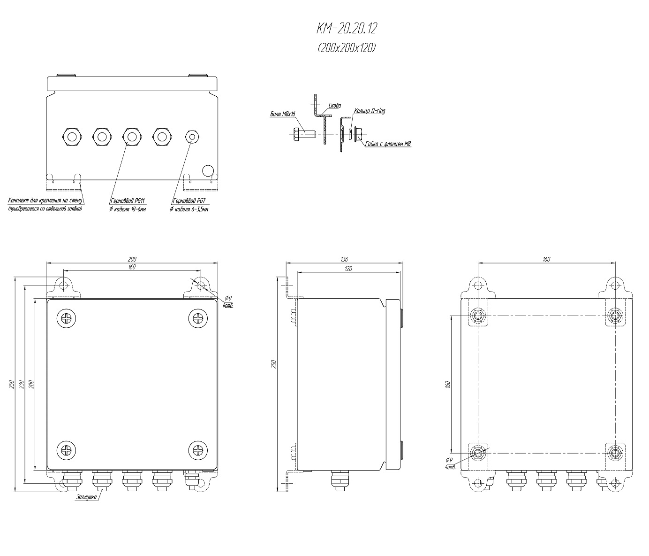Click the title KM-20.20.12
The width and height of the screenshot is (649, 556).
pyautogui.click(x=347, y=29)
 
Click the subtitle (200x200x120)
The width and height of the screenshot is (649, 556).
pyautogui.click(x=347, y=48)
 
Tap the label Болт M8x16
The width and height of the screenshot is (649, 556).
pyautogui.click(x=283, y=114)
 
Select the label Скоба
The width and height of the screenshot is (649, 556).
pyautogui.click(x=335, y=105)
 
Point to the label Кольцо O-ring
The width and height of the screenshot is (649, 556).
pyautogui.click(x=370, y=111)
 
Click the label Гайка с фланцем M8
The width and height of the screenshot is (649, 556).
pyautogui.click(x=388, y=144)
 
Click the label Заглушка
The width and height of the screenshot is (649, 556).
pyautogui.click(x=87, y=497)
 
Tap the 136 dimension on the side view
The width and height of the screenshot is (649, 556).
pyautogui.click(x=344, y=259)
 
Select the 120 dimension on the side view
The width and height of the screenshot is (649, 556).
pyautogui.click(x=348, y=269)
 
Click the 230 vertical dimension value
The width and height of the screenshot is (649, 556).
pyautogui.click(x=22, y=384)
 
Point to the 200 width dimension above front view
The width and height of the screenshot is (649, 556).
pyautogui.click(x=132, y=259)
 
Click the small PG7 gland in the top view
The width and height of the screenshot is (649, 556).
pyautogui.click(x=192, y=137)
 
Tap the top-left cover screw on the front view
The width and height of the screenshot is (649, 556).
pyautogui.click(x=66, y=318)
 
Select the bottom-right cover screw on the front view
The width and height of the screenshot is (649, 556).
pyautogui.click(x=198, y=450)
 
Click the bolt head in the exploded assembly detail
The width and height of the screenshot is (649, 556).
pyautogui.click(x=297, y=134)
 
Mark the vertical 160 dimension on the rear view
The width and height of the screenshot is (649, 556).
pyautogui.click(x=448, y=384)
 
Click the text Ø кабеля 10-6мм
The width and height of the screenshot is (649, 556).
pyautogui.click(x=128, y=209)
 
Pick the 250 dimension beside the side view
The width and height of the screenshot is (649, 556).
pyautogui.click(x=274, y=364)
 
